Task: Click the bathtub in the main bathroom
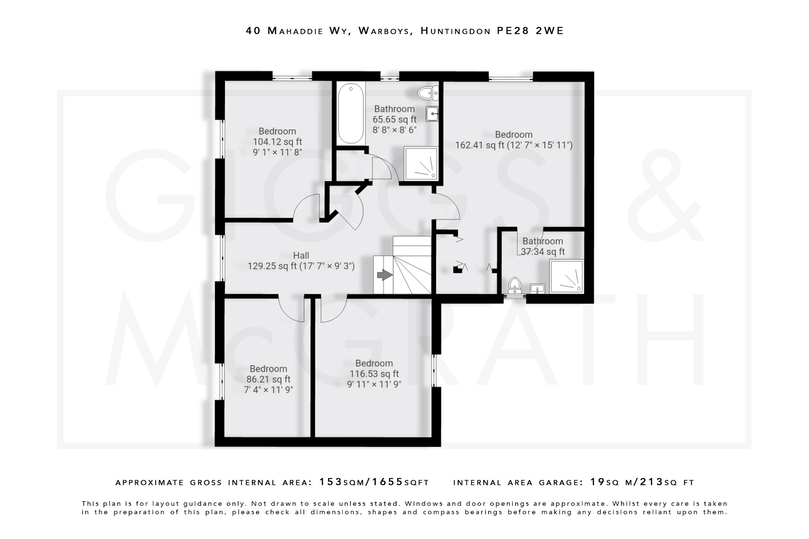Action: (x=351, y=113)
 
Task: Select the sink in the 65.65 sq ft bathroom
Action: (x=432, y=114)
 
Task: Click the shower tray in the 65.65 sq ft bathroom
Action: (x=421, y=163)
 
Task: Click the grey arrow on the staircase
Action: (x=384, y=275)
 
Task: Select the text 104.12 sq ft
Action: (x=277, y=142)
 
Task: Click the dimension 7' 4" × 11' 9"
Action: (x=268, y=390)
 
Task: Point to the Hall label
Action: (x=301, y=255)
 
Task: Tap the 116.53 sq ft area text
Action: (x=374, y=374)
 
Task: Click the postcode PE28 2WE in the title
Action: (x=530, y=31)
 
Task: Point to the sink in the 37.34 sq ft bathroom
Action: (x=537, y=289)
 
